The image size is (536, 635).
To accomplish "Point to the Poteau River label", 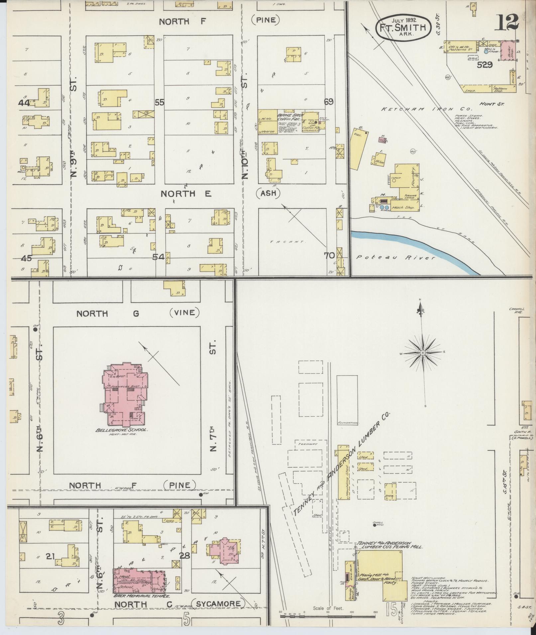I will click(395, 258).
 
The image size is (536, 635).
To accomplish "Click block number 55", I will click(160, 103).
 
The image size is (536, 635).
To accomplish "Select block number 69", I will click(329, 102).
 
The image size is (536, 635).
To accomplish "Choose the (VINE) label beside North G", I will click(184, 313).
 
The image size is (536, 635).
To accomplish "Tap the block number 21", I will click(50, 556).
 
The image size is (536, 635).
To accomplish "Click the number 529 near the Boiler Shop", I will click(484, 65).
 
